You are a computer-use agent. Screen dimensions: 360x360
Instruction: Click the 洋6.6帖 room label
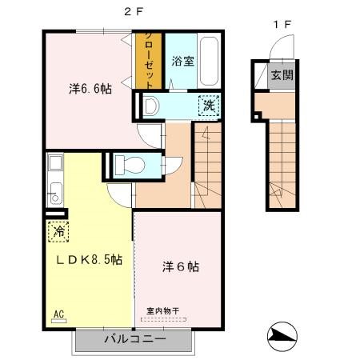[90, 89]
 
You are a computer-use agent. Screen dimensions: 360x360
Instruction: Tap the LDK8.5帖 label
[90, 259]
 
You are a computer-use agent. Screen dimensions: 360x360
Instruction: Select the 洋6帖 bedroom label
[181, 266]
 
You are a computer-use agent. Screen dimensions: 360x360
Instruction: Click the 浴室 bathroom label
[183, 62]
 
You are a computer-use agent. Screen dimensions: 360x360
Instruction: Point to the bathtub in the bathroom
[209, 62]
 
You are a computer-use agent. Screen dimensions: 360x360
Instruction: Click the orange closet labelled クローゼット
[149, 61]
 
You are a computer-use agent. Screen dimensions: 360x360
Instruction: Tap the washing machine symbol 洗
[209, 106]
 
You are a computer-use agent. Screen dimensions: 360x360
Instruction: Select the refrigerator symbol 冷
[58, 231]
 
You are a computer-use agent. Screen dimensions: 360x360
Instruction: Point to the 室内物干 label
[162, 310]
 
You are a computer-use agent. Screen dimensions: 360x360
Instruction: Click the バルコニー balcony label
[135, 339]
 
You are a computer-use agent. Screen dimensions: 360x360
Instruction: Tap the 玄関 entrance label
[282, 75]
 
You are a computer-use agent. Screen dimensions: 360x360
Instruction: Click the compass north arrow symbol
[282, 336]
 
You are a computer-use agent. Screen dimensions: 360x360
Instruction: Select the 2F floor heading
[134, 11]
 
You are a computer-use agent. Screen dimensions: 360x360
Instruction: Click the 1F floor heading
[282, 25]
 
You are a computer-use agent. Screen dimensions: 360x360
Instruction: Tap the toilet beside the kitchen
[130, 165]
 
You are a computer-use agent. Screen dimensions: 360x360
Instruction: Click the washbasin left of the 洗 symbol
[151, 106]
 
